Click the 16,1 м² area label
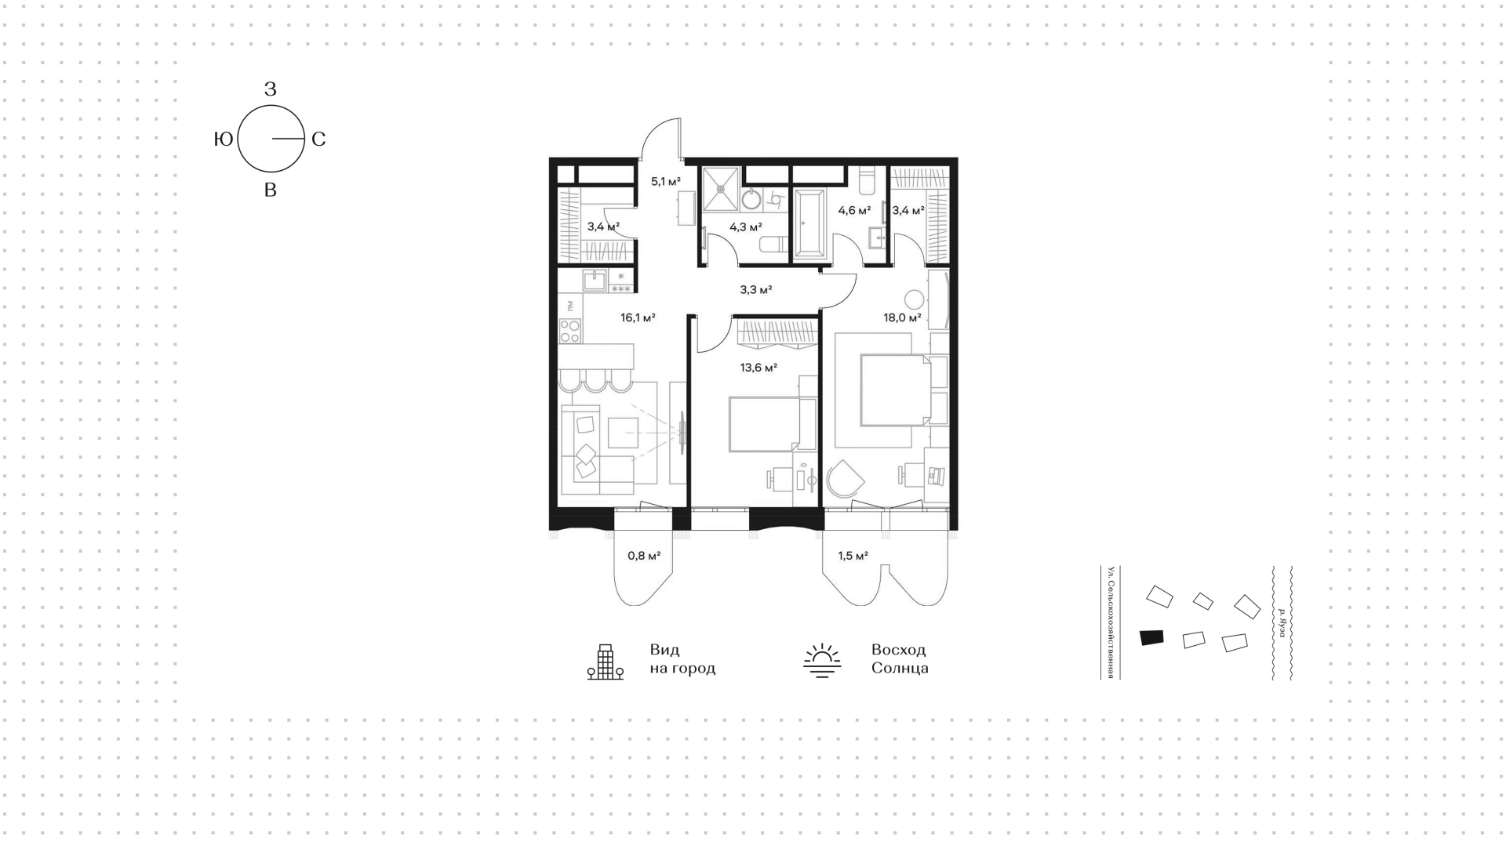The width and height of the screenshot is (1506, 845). tap(638, 318)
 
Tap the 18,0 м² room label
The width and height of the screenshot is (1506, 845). tap(902, 318)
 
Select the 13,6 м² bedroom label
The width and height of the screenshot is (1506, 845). tap(758, 367)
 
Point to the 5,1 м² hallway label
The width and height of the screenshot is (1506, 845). tap(665, 182)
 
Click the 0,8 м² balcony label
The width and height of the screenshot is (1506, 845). tap(644, 556)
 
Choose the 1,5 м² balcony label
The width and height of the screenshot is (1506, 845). tap(853, 556)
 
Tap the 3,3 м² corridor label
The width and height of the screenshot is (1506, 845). tap(756, 289)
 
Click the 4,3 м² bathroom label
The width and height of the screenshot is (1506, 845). tap(745, 227)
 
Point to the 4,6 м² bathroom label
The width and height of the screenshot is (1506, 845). tap(854, 210)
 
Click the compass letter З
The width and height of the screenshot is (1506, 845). tap(271, 89)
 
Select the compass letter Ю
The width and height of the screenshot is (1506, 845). tap(224, 140)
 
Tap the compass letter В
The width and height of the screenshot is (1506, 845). tap(271, 190)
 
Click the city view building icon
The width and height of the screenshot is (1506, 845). tap(606, 662)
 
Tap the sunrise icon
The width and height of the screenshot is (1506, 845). tap(822, 660)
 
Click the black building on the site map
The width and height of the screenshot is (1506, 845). tap(1151, 637)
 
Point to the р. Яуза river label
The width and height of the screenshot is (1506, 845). tap(1282, 622)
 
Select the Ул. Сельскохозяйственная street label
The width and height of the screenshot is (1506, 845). tap(1111, 622)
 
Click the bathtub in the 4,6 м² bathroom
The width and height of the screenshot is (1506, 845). tap(809, 223)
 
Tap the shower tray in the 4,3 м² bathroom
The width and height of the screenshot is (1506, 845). tap(721, 189)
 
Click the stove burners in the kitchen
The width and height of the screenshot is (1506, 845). tap(570, 331)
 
